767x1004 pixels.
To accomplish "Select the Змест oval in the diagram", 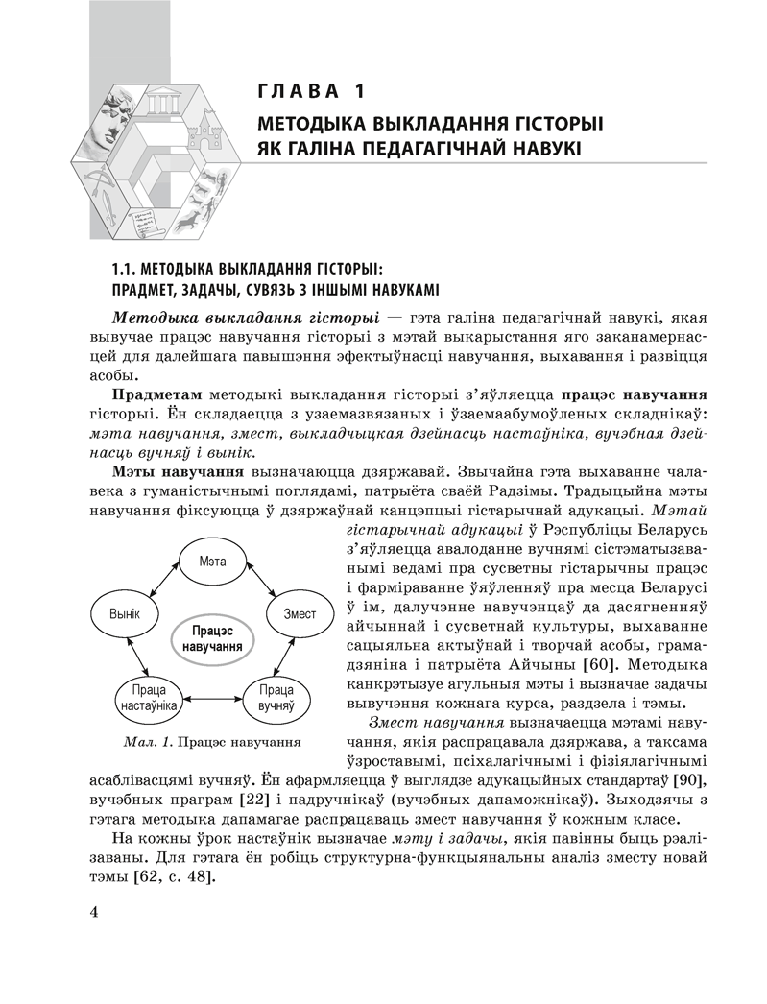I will click(300, 613).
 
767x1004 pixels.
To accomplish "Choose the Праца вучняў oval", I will click(276, 697).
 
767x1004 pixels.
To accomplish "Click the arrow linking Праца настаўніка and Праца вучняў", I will click(210, 698).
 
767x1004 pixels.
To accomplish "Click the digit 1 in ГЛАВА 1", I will click(357, 92).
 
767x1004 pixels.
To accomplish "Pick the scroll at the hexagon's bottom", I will click(144, 219).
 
